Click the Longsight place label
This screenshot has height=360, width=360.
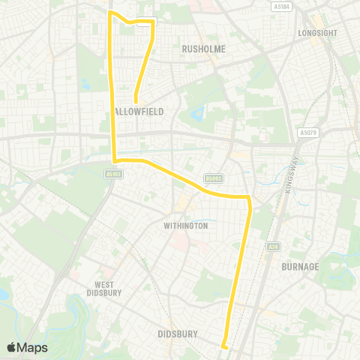coord(314,34)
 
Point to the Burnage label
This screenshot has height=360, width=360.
coord(300,266)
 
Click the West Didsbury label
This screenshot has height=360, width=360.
coord(105,289)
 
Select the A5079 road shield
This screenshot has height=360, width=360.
coord(308,132)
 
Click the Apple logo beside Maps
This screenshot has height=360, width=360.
coord(12,347)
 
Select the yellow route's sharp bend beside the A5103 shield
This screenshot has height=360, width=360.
coord(114,160)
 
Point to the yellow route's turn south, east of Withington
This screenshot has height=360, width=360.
coord(248,199)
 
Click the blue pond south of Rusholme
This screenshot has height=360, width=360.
coord(197,115)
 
